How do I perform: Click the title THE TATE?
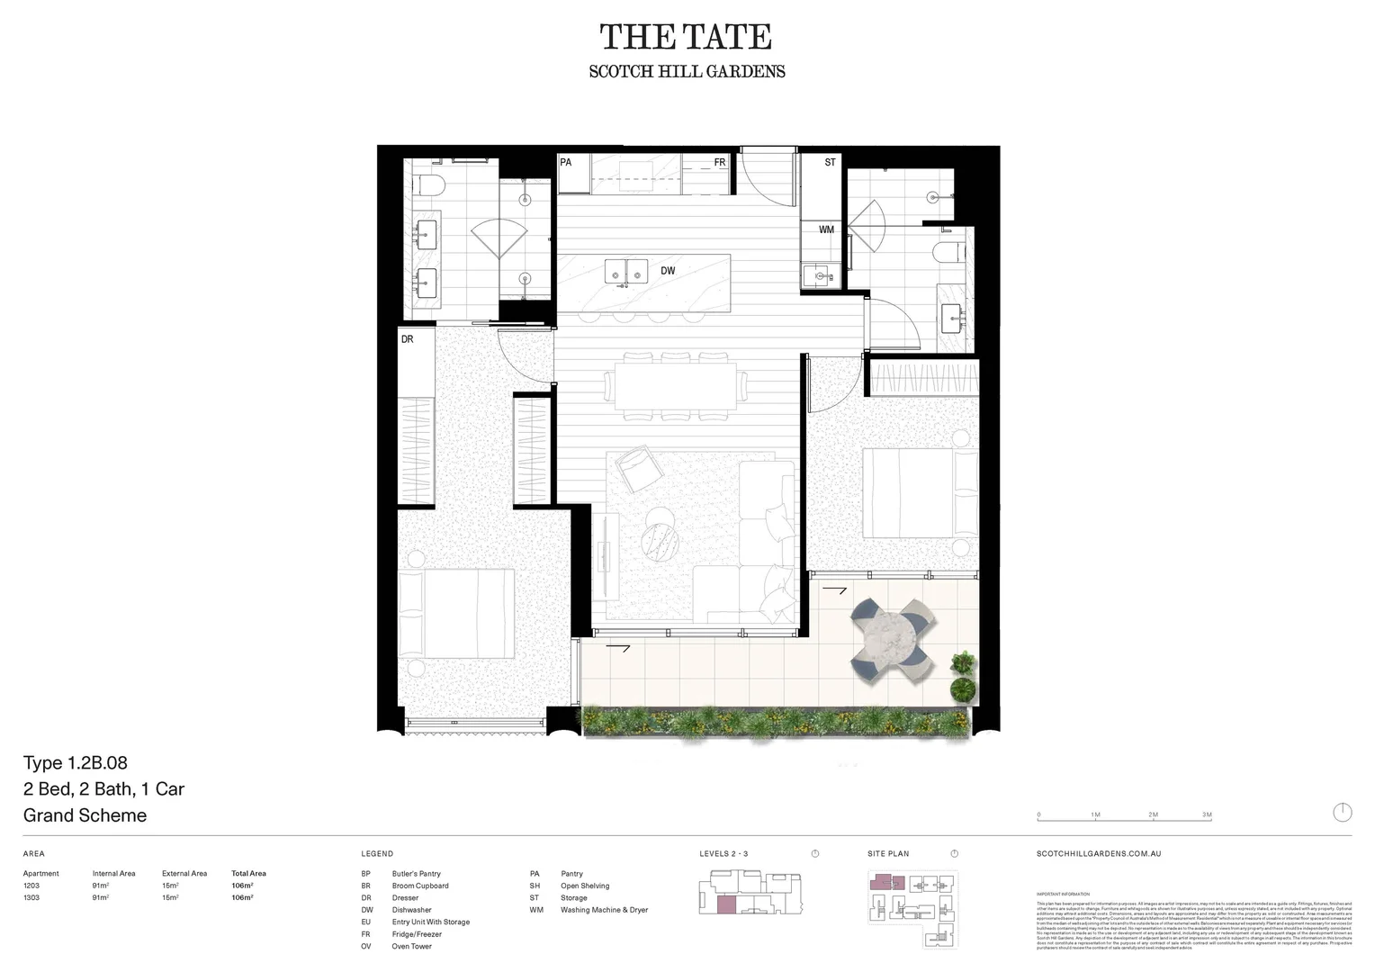pos(686,38)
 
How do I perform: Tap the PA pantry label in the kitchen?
pos(566,163)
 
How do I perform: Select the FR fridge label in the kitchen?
pos(720,163)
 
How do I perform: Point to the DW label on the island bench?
pos(668,271)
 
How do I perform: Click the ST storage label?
pos(830,163)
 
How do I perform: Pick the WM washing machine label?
pos(826,230)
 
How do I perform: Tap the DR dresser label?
pos(408,339)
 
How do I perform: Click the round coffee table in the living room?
pos(661,540)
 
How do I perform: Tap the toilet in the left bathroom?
pos(429,187)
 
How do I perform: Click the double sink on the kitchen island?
pos(625,270)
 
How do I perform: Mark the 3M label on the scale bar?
pos(1207,814)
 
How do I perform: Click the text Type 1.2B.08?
pos(76,763)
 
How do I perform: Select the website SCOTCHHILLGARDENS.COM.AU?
pos(1099,853)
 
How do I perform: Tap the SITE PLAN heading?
pos(888,853)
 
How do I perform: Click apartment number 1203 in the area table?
pos(31,886)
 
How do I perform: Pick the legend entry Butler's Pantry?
pos(416,874)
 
